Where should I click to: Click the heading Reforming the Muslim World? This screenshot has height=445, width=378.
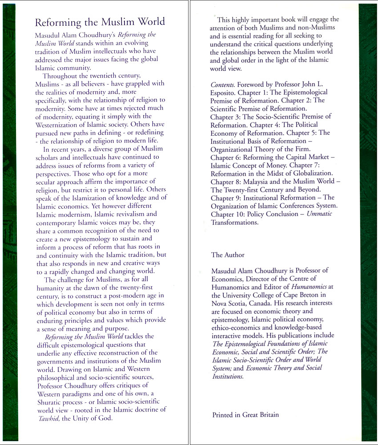coord(100,22)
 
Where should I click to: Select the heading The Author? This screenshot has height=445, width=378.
coord(228,255)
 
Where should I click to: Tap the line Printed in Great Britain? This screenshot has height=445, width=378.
coord(245,415)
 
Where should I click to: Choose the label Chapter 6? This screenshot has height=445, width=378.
coord(227,157)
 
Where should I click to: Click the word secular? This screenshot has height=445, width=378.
coord(46,181)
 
